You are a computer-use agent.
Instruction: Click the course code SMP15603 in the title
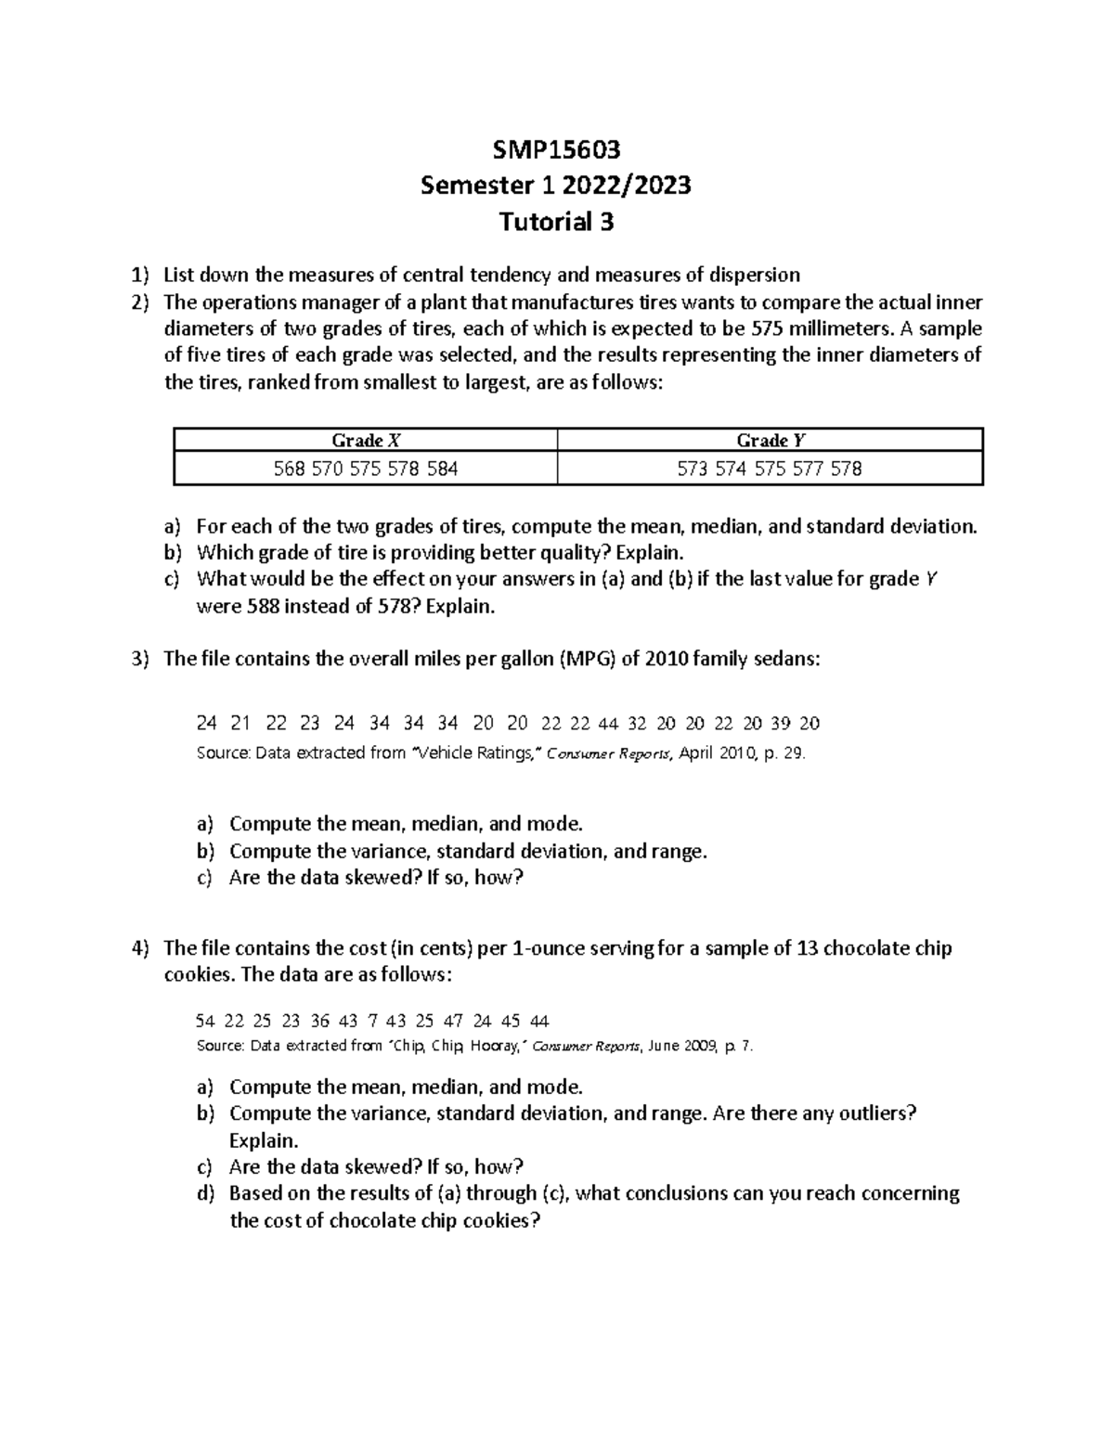click(556, 148)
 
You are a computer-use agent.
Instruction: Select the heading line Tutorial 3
click(556, 223)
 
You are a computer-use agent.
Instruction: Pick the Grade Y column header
click(770, 441)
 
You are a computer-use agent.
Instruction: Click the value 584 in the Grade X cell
click(443, 470)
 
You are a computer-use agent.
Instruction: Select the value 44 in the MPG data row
click(608, 724)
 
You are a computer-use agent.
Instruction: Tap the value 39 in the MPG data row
click(782, 724)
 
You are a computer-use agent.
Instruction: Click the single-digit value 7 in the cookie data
click(372, 1022)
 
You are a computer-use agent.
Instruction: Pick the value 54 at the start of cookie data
click(205, 1022)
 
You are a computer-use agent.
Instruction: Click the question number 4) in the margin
click(139, 948)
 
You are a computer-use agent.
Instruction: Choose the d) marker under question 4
click(205, 1194)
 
